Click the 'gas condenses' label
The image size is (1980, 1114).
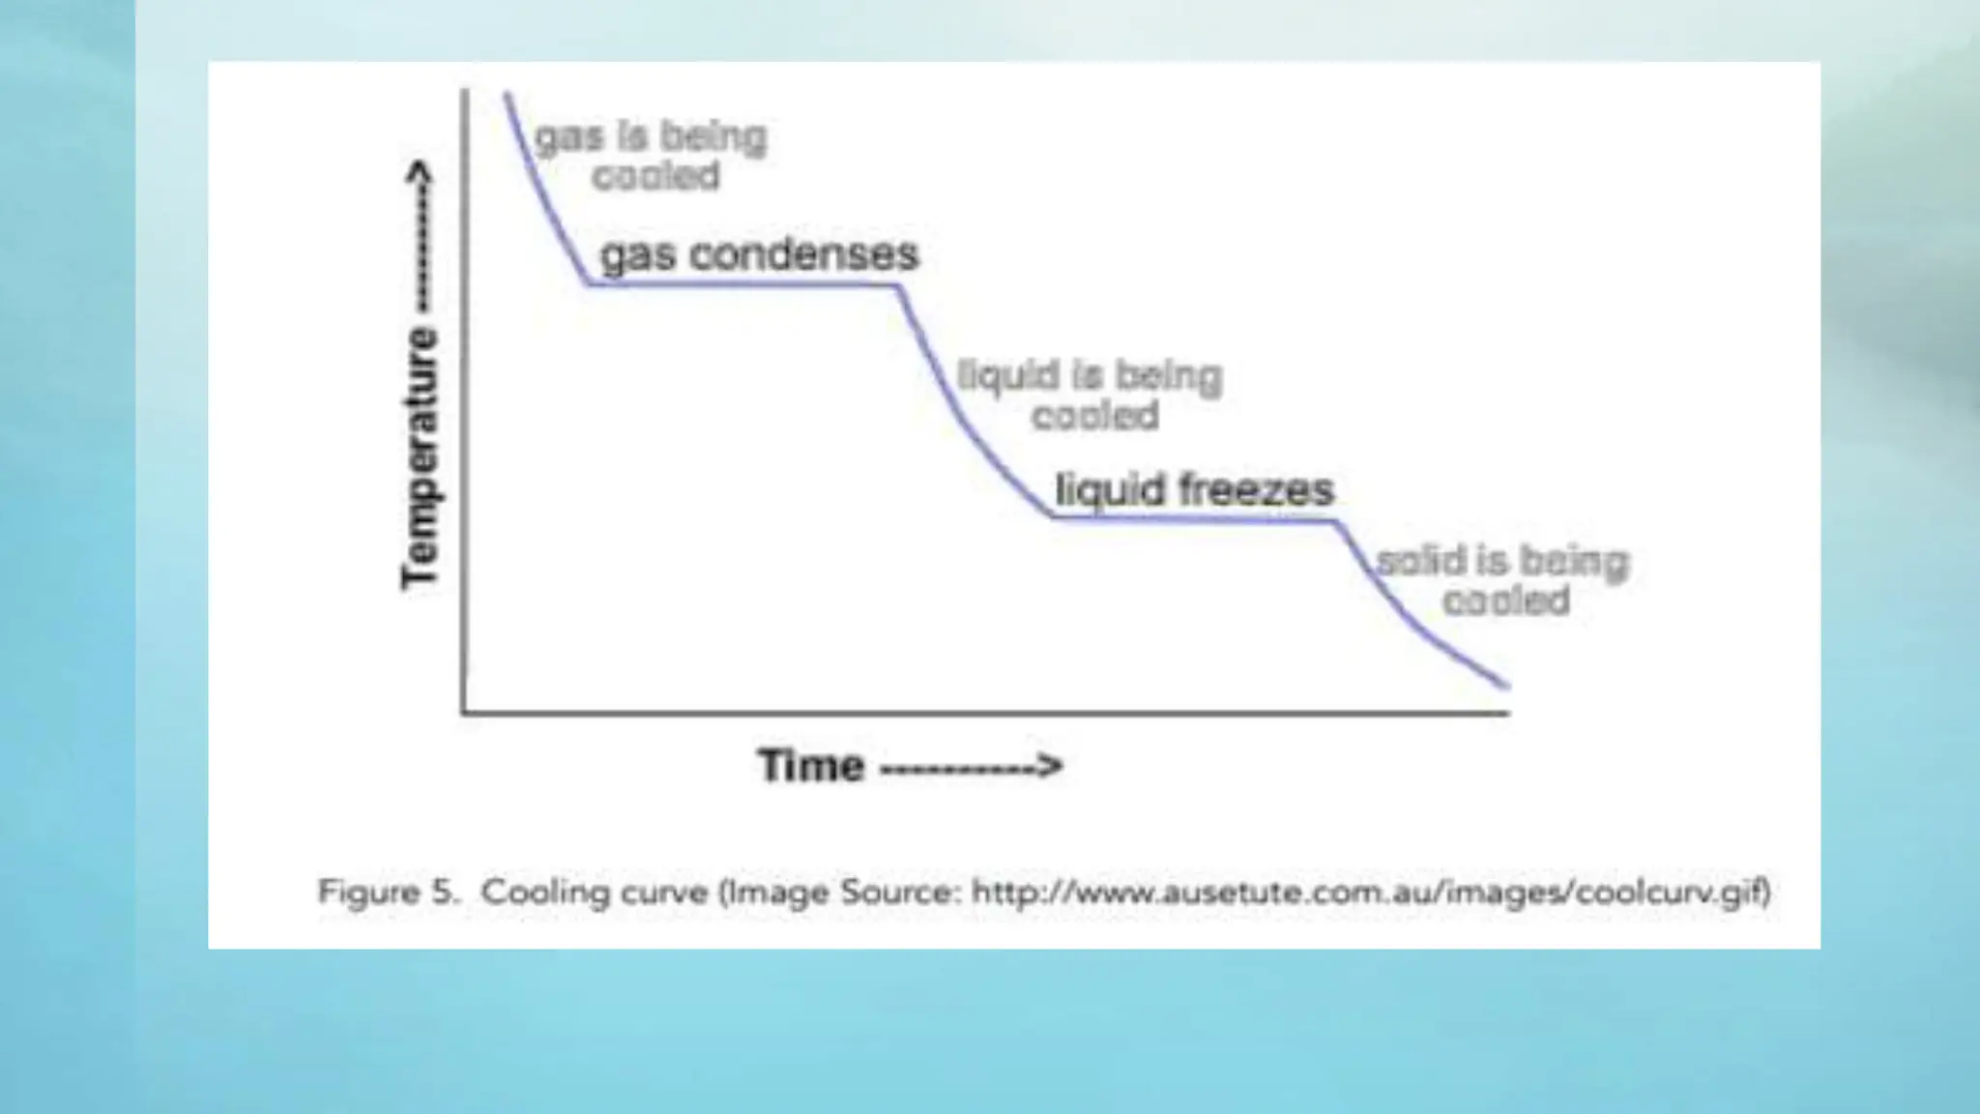coord(759,255)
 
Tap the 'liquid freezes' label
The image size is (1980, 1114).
coord(1194,490)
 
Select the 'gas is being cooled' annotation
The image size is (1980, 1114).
coord(652,156)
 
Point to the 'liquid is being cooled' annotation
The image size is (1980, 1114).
coord(1091,395)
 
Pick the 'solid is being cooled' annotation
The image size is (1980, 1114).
coord(1503,580)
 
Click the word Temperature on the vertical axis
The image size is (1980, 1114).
coord(421,458)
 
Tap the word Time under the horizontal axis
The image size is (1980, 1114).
coord(811,766)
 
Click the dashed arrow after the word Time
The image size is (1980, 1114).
coord(971,767)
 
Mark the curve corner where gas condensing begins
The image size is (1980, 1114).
coord(588,284)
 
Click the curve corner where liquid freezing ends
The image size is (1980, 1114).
coord(1338,522)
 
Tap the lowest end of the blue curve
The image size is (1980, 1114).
coord(1506,687)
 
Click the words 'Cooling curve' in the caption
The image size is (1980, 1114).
coord(595,892)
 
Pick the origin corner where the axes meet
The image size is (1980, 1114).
coord(465,713)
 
